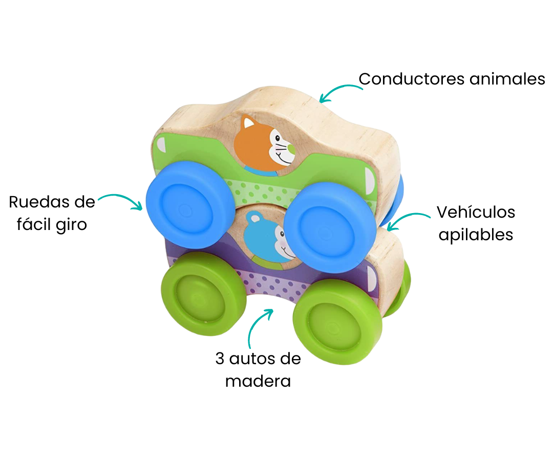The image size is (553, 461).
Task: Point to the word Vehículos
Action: coord(476,212)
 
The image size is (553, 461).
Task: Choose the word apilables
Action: coord(476,235)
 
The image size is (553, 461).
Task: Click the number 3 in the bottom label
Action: coord(220,359)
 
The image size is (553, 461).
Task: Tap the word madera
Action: coord(258,382)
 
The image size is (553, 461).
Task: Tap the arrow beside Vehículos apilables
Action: coord(407,220)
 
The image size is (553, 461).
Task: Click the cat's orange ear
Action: coord(249,123)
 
